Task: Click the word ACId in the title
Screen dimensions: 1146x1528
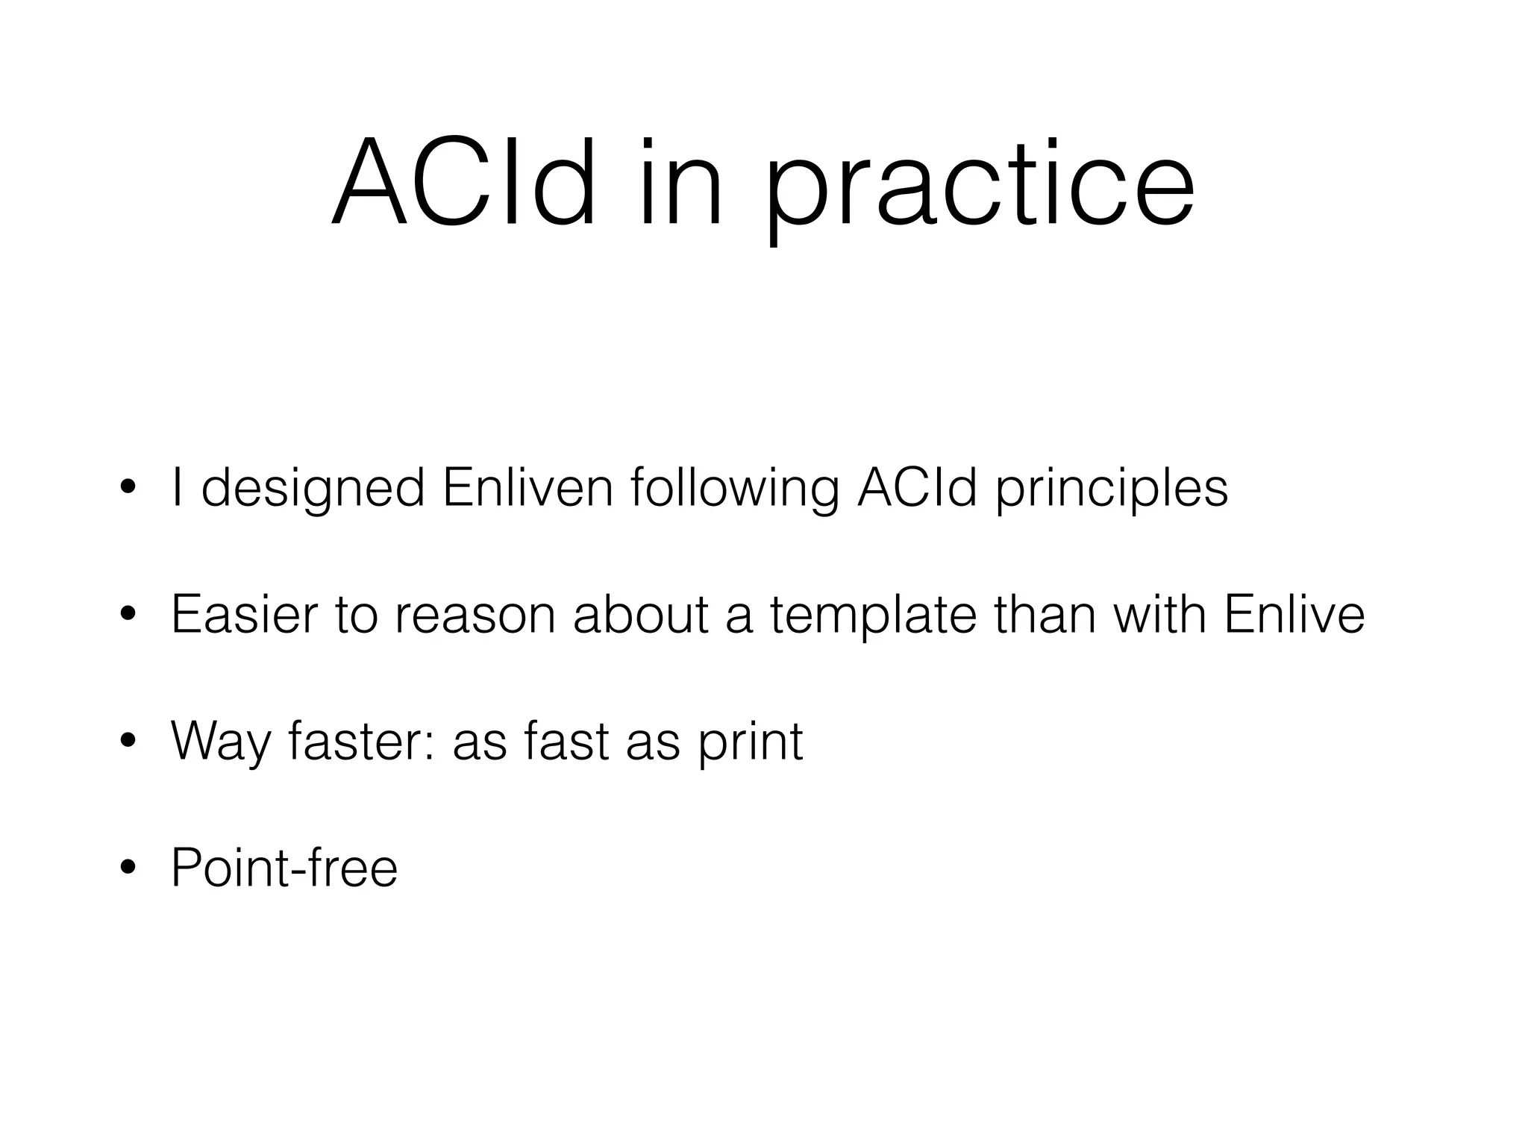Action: (x=464, y=184)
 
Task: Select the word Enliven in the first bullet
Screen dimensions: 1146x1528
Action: (x=527, y=488)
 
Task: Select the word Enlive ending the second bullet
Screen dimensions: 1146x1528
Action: (x=1294, y=615)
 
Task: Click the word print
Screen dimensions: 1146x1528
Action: (x=751, y=743)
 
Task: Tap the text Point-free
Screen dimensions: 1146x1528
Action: (x=284, y=867)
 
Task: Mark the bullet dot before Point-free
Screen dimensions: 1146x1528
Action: (x=129, y=867)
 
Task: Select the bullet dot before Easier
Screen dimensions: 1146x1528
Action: (x=129, y=615)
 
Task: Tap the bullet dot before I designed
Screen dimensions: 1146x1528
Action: (x=129, y=488)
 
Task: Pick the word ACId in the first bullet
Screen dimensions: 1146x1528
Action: (x=917, y=488)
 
